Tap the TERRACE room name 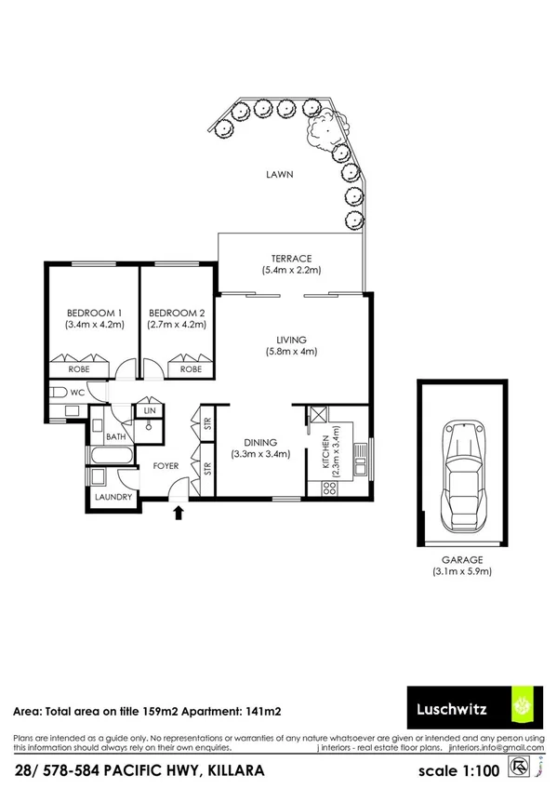point(290,258)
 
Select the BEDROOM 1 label point(94,312)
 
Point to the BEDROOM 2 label point(176,312)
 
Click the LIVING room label point(290,340)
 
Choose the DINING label point(261,443)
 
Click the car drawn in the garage point(462,475)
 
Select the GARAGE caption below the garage point(462,559)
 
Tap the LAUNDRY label point(113,498)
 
